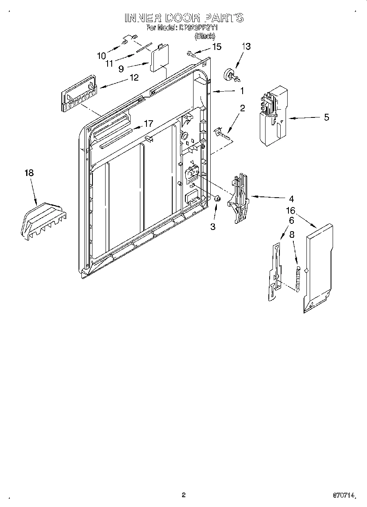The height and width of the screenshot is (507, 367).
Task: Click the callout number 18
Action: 29,173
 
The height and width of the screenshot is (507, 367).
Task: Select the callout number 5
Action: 326,117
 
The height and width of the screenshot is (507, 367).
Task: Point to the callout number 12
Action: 134,77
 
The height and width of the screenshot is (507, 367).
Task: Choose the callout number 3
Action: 213,226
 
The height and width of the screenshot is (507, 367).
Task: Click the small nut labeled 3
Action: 218,199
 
